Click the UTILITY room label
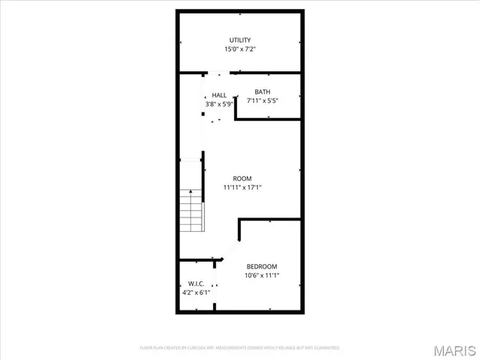[x=240, y=40]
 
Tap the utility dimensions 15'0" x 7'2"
[x=240, y=49]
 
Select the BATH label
[x=262, y=92]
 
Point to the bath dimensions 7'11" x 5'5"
[x=262, y=101]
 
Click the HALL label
[x=219, y=95]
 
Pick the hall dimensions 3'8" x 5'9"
[x=219, y=104]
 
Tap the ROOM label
[x=241, y=178]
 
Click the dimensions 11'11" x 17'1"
[x=241, y=187]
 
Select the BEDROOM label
[x=262, y=266]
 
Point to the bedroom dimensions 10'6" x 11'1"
[x=262, y=275]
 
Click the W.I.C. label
[x=196, y=283]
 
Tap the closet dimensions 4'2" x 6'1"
[x=196, y=292]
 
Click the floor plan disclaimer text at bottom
[x=240, y=348]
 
